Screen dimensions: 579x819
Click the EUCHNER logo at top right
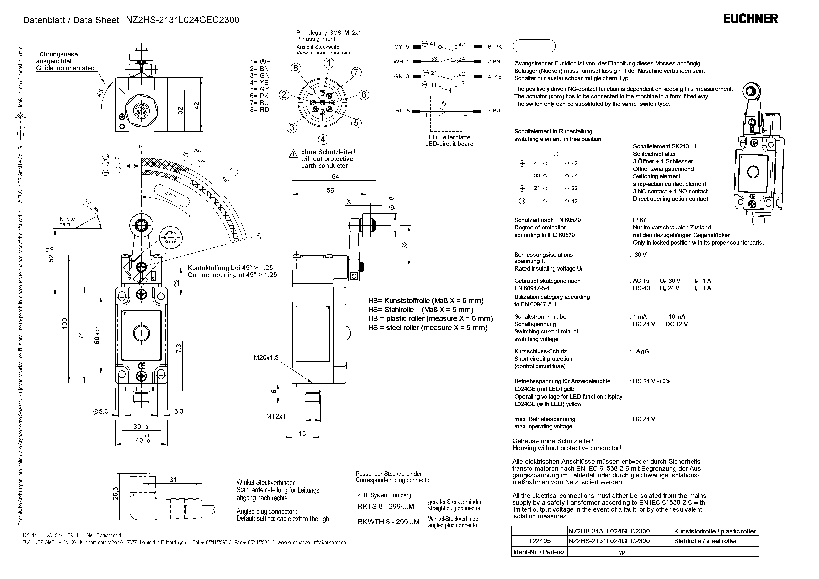pyautogui.click(x=750, y=18)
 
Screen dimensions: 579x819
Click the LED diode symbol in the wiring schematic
pyautogui.click(x=442, y=112)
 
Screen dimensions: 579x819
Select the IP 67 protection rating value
pyautogui.click(x=640, y=220)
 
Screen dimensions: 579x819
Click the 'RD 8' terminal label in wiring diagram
pyautogui.click(x=403, y=111)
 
